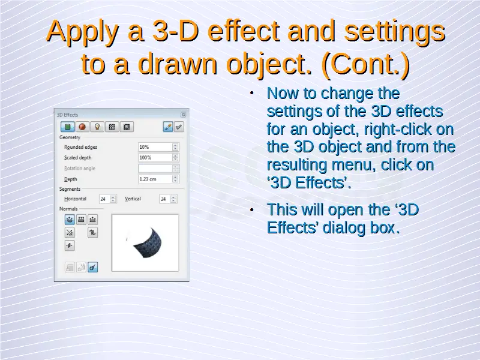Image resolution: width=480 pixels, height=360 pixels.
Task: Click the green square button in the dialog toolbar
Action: [x=68, y=127]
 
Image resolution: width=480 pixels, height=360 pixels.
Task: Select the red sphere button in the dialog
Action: [x=82, y=127]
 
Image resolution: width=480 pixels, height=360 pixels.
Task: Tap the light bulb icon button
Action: [x=97, y=127]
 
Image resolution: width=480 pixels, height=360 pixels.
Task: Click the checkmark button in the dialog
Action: [x=179, y=127]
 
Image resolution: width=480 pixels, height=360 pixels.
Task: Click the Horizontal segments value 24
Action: [x=104, y=199]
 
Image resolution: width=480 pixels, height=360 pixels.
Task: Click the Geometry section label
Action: [x=70, y=137]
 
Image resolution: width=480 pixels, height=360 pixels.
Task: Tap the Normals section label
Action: [x=68, y=209]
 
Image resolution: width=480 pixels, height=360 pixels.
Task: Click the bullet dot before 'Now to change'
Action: [x=251, y=93]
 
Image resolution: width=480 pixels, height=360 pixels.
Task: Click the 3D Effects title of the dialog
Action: [x=67, y=115]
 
